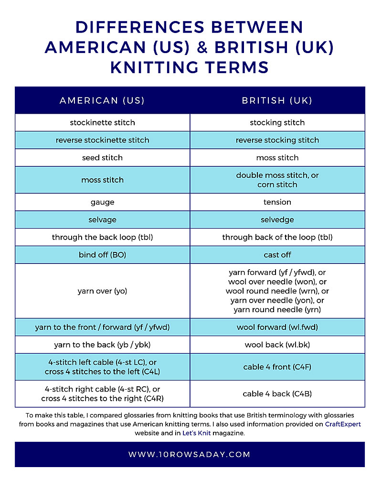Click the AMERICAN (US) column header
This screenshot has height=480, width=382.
click(x=102, y=100)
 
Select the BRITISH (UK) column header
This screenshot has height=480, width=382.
click(x=277, y=100)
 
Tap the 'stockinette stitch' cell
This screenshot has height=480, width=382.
click(x=102, y=122)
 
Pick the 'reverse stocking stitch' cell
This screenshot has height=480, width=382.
click(x=277, y=140)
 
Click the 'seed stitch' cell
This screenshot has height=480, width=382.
click(x=102, y=158)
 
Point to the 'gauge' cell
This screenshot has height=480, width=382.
click(x=102, y=202)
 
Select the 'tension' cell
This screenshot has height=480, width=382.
click(x=277, y=202)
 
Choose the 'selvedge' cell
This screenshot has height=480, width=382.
click(x=277, y=220)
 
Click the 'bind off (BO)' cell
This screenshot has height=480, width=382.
click(x=102, y=255)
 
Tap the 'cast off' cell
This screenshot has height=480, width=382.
click(x=277, y=255)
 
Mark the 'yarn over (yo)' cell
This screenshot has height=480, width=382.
click(x=102, y=291)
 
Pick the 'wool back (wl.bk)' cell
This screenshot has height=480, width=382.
click(x=277, y=345)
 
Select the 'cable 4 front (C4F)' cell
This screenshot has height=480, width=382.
click(x=277, y=367)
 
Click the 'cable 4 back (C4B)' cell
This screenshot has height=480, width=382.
click(x=277, y=394)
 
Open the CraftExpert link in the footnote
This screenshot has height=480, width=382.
click(x=343, y=424)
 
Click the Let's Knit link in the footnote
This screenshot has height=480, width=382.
click(x=196, y=433)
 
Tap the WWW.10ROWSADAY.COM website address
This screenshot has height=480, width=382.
click(x=190, y=454)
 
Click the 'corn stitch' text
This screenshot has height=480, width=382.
click(x=277, y=185)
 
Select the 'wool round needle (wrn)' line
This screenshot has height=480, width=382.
click(x=277, y=291)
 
